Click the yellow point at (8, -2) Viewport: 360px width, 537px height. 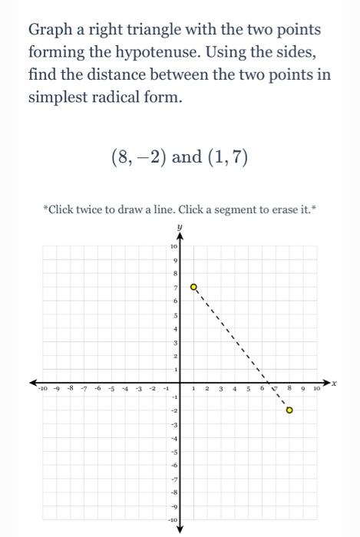pyautogui.click(x=289, y=410)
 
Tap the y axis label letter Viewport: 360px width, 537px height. pyautogui.click(x=179, y=227)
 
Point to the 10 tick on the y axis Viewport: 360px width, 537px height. pyautogui.click(x=173, y=247)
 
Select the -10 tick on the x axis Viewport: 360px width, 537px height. pyautogui.click(x=42, y=389)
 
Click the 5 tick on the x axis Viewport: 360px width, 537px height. pyautogui.click(x=248, y=389)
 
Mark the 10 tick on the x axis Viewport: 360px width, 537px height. pyautogui.click(x=315, y=389)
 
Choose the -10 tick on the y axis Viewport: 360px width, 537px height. pyautogui.click(x=173, y=521)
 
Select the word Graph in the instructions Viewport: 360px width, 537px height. pyautogui.click(x=50, y=31)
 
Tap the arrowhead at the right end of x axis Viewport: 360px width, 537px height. pyautogui.click(x=329, y=382)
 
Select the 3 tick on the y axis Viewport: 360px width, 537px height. pyautogui.click(x=175, y=342)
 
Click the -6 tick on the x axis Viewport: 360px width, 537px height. pyautogui.click(x=98, y=389)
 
